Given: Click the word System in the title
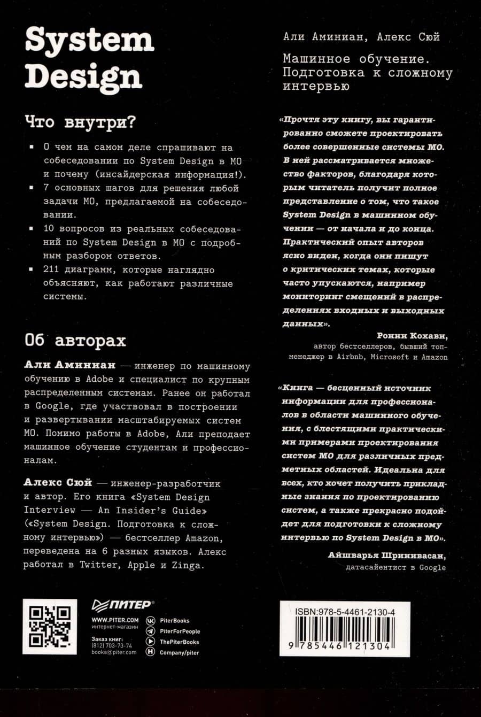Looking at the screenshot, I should point(89,40).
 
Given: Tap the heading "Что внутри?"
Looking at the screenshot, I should point(80,122).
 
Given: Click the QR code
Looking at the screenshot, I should point(50,626).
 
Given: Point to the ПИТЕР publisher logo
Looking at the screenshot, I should point(123,605).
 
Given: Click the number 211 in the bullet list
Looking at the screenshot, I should point(51,269).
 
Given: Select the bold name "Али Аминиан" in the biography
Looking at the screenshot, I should point(69,366).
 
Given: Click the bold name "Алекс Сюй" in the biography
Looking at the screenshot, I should point(58,483).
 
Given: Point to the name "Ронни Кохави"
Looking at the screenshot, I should point(412,336).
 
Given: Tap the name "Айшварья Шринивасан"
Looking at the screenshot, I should point(387,556).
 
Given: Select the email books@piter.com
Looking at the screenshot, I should point(114,652).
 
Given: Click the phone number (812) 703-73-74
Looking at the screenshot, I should point(112,646).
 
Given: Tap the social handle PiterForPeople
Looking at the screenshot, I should point(180,631).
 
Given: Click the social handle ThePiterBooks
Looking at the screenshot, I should point(180,642).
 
